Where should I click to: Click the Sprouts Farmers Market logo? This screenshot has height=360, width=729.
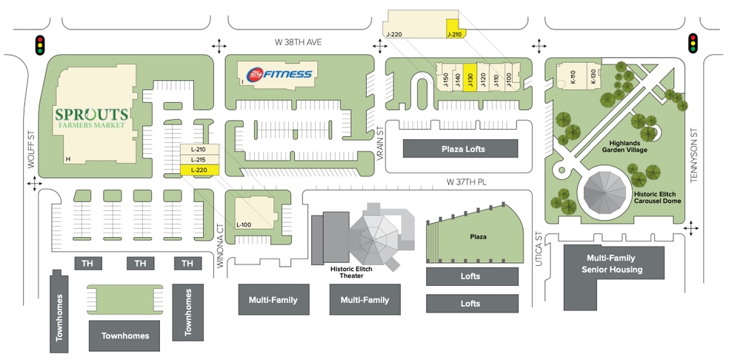click(x=92, y=117)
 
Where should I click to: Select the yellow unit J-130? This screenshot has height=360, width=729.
click(x=470, y=77)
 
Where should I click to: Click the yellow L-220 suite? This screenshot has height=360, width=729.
click(x=199, y=170)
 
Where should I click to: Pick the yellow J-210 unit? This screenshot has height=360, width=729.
click(x=455, y=29)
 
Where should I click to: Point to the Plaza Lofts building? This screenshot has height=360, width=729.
click(x=460, y=149)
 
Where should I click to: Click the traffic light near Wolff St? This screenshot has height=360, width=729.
click(x=41, y=45)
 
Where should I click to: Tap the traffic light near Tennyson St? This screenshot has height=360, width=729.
click(x=693, y=43)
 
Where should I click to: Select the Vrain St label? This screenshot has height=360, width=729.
click(x=379, y=144)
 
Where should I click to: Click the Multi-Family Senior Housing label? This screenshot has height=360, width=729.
click(x=613, y=264)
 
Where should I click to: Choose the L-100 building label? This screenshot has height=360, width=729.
click(x=244, y=224)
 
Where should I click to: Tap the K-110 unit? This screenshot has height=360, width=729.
click(x=573, y=77)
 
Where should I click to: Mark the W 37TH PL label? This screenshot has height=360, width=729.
click(x=466, y=182)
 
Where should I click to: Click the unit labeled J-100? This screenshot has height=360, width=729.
click(x=508, y=77)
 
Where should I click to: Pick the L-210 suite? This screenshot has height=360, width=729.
click(x=199, y=150)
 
